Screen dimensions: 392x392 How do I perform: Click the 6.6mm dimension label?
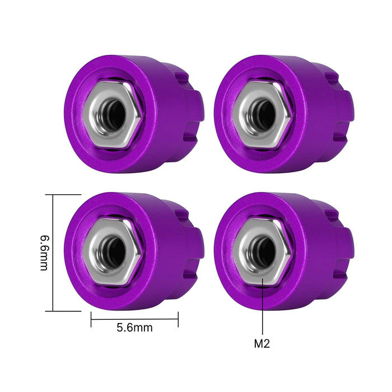[43, 253]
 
